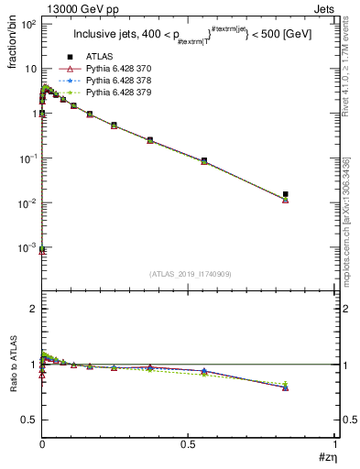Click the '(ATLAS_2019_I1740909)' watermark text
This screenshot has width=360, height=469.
188,274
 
